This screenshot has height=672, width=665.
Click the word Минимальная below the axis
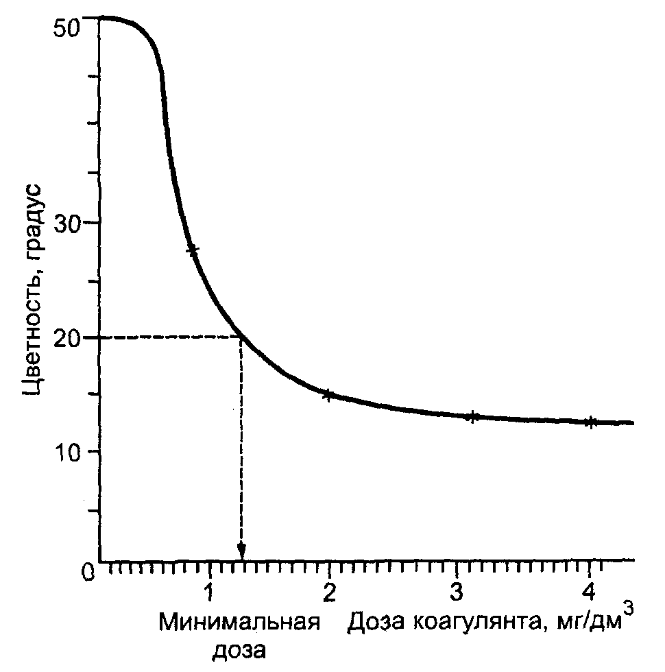pyautogui.click(x=239, y=622)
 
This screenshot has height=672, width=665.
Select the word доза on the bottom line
pyautogui.click(x=239, y=651)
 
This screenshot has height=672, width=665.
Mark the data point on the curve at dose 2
pyautogui.click(x=328, y=395)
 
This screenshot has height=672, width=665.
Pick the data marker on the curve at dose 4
pyautogui.click(x=590, y=422)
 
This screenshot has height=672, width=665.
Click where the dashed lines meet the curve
pyautogui.click(x=241, y=337)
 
